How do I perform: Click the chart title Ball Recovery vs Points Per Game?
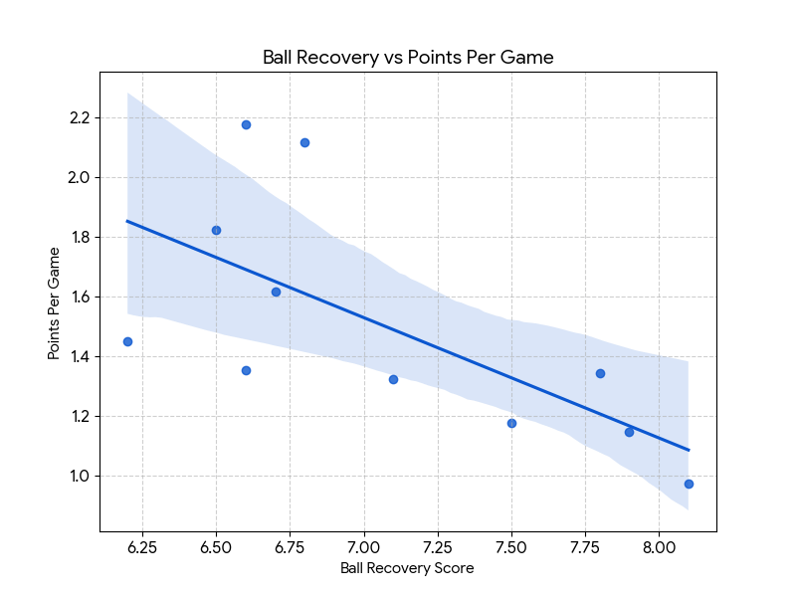point(408,58)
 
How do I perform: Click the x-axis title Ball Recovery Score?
point(407,569)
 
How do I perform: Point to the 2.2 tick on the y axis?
point(80,117)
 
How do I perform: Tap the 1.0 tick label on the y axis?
point(80,476)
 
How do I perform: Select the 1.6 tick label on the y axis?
point(80,297)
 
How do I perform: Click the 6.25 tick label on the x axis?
point(142,546)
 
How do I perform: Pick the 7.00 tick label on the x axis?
point(364,546)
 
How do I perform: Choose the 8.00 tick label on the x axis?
point(659,546)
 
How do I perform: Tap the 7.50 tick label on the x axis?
point(511,546)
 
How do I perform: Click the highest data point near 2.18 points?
point(246,124)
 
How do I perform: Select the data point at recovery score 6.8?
point(304,142)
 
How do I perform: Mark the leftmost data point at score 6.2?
point(127,341)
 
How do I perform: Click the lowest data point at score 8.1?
point(689,484)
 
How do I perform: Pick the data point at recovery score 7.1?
point(393,379)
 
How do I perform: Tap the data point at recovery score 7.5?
point(511,423)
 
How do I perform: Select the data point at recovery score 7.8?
point(600,373)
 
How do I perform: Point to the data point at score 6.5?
point(216,230)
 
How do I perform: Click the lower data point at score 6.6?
point(246,370)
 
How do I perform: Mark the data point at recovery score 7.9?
point(629,432)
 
